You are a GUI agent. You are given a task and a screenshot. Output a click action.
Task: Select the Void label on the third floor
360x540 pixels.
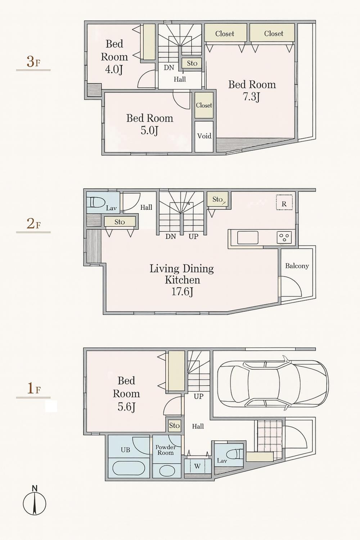pos(204,136)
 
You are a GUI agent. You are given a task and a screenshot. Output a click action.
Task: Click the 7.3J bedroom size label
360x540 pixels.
pos(252,98)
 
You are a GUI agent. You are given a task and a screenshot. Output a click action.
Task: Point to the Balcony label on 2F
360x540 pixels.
pos(297,266)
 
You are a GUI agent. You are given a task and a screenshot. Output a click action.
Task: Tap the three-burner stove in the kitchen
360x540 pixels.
pos(284,237)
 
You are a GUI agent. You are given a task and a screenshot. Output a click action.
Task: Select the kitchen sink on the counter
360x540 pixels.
pos(248,238)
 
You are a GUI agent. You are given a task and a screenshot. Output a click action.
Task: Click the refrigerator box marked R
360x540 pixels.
pos(284,202)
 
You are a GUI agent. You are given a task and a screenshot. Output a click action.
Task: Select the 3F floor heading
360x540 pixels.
pos(33,62)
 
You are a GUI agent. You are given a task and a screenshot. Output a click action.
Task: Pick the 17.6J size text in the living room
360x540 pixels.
pos(182,292)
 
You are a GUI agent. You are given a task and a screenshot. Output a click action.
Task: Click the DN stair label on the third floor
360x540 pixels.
pos(169,68)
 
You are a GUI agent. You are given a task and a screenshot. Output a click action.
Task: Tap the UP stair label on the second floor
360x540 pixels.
pos(193,237)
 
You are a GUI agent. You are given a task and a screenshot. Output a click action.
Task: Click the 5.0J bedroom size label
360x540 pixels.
pos(149,131)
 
